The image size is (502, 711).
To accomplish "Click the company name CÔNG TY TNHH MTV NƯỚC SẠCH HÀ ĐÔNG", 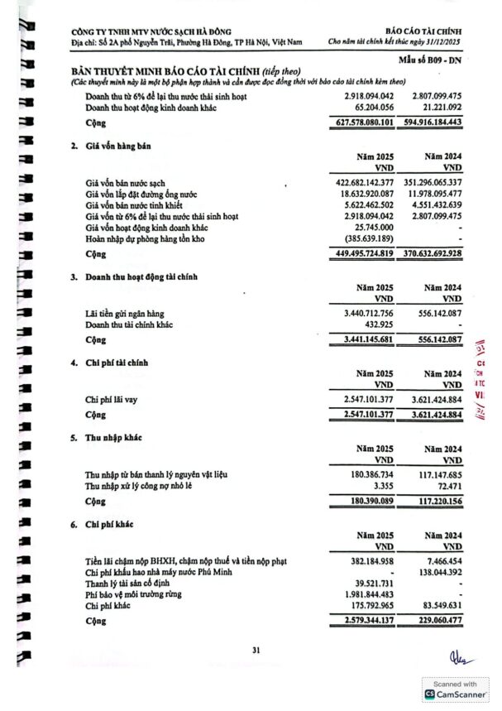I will tap(151, 31).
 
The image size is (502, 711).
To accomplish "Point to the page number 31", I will tap(256, 650).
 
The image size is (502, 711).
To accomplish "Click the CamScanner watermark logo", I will tap(430, 695).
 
